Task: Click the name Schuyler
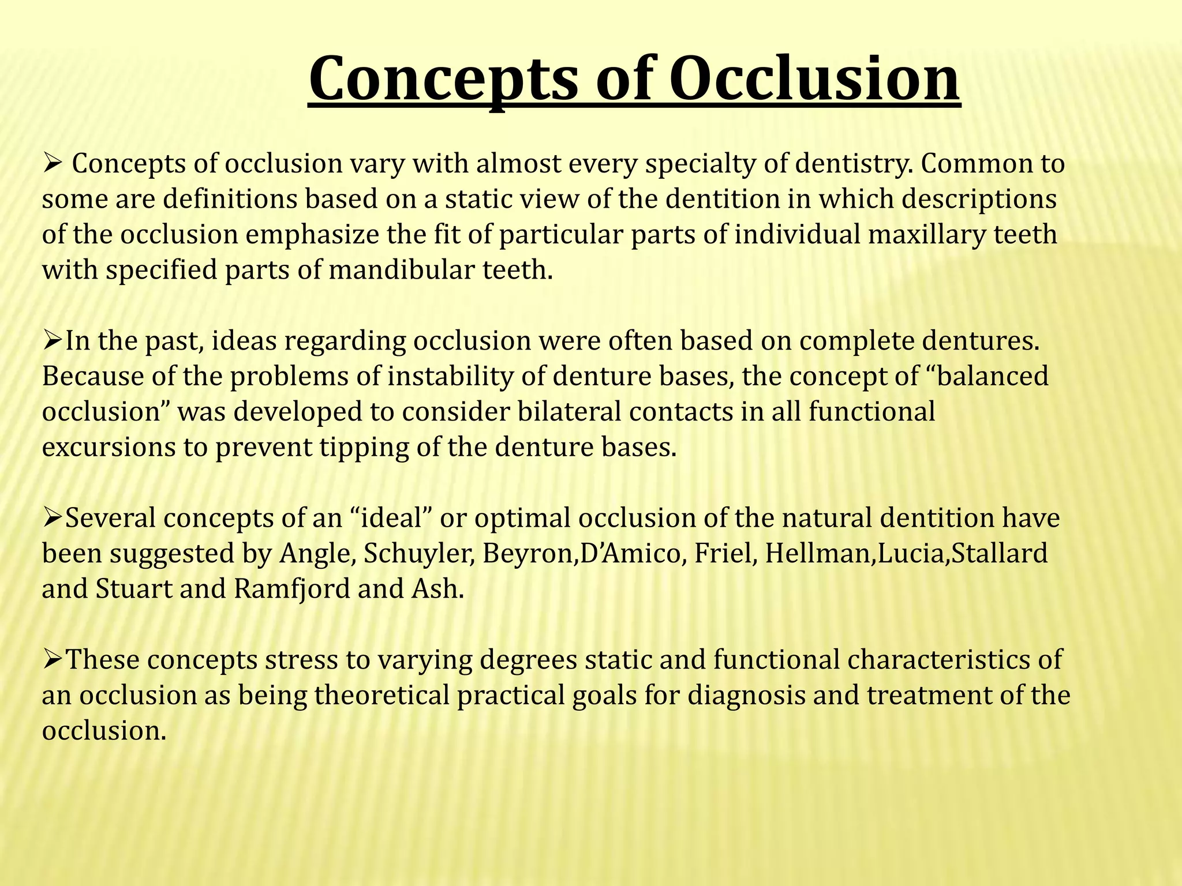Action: pyautogui.click(x=419, y=554)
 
